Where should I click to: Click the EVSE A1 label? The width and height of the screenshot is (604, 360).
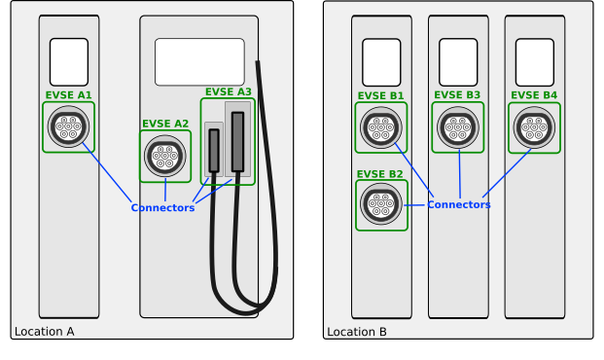tap(68, 95)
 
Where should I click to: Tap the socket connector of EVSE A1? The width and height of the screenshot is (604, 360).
tap(68, 126)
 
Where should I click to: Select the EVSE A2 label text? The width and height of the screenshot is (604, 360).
tap(165, 124)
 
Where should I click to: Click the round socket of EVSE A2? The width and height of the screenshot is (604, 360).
tap(165, 156)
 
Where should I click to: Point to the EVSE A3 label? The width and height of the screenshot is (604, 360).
tap(228, 92)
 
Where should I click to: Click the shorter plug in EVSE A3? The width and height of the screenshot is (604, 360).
tap(214, 151)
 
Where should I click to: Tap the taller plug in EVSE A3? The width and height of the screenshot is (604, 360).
tap(237, 142)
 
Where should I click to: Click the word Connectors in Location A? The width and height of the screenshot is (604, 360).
tap(162, 208)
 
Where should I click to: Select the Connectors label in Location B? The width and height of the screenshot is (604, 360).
tap(459, 204)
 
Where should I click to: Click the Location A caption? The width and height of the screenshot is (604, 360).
tap(45, 332)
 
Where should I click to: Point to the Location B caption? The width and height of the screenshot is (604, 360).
tap(357, 332)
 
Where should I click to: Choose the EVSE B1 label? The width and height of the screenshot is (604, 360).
tap(380, 95)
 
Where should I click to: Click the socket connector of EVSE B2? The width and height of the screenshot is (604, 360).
tap(381, 204)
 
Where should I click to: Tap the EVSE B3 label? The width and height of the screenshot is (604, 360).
tap(457, 95)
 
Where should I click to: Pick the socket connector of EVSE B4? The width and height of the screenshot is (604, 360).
tap(534, 127)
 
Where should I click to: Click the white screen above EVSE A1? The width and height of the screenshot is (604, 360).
tap(69, 62)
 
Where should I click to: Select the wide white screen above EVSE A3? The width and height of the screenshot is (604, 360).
tap(199, 61)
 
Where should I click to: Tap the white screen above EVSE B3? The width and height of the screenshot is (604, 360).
tap(458, 62)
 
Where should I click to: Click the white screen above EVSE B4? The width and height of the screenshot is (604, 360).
tap(535, 62)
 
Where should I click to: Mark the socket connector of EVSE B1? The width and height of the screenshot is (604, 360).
tap(381, 127)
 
